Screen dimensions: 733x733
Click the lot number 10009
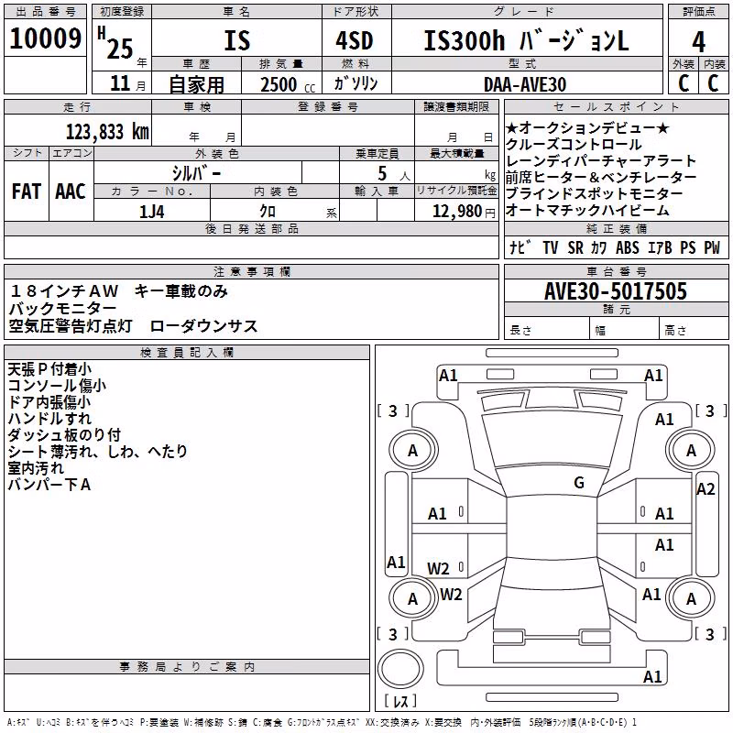tap(45, 38)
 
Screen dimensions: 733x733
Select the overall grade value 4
tap(698, 42)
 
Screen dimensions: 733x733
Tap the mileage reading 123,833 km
tap(107, 132)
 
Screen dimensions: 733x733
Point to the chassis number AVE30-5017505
tap(616, 291)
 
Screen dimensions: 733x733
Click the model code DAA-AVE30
tap(525, 84)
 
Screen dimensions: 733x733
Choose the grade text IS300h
tap(465, 40)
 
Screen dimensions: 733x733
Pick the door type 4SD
tap(355, 40)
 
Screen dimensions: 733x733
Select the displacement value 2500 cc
tap(288, 84)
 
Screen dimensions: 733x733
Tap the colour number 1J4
tap(152, 212)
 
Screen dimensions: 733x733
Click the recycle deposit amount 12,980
tap(457, 212)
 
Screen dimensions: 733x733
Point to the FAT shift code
tap(27, 191)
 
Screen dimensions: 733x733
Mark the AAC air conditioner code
tap(71, 191)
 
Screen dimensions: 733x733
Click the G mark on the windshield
tap(579, 483)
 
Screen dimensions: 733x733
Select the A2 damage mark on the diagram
tap(706, 489)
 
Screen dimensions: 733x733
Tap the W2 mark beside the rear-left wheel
tap(451, 594)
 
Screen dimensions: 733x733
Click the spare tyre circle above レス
tap(400, 669)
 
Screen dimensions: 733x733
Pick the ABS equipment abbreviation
tap(628, 247)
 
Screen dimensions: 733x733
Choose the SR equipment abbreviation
tap(575, 247)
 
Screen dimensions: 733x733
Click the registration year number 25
tap(120, 49)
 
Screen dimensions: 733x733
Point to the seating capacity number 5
tap(382, 173)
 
